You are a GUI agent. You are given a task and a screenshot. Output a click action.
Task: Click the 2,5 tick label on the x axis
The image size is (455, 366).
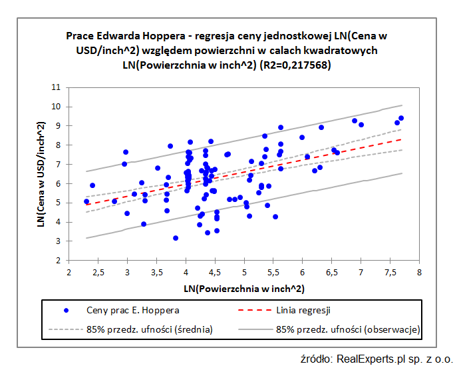coord(98,271)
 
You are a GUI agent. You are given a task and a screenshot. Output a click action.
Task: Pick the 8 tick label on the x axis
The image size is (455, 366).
coord(419,271)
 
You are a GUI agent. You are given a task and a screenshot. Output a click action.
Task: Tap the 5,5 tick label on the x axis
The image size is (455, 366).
coord(273,271)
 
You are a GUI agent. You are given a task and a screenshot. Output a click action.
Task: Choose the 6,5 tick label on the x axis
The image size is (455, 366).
coord(331,271)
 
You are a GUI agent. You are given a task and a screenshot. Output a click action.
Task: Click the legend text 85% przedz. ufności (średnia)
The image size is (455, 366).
coord(149,329)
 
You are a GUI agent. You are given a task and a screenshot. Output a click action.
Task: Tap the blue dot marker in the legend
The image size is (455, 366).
coord(65,310)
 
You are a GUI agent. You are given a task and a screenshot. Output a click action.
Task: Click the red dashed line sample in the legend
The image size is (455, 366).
coord(255,310)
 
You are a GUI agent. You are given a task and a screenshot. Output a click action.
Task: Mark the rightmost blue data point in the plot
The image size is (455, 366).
coord(401,118)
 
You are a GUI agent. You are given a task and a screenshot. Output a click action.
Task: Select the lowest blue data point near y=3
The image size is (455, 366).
coord(176,238)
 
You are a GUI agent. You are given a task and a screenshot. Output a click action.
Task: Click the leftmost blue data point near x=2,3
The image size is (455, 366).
coord(86,201)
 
